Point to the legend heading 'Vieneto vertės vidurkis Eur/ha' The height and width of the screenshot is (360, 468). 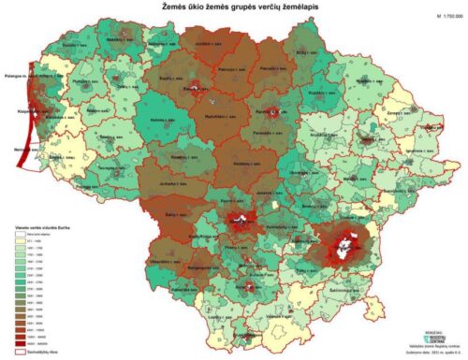click(x=44, y=227)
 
